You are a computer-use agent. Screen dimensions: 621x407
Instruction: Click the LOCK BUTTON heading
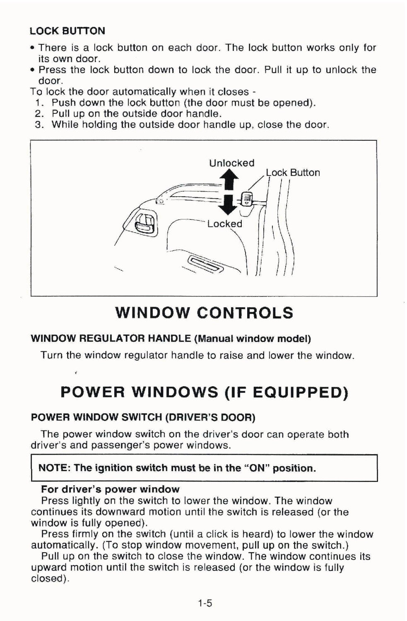coord(67,31)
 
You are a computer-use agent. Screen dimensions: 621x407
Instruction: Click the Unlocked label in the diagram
coord(231,163)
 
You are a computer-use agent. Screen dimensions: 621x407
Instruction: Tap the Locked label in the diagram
coord(224,224)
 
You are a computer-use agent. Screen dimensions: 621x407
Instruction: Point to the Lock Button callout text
coord(293,173)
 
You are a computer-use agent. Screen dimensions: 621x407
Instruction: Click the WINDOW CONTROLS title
coord(204,313)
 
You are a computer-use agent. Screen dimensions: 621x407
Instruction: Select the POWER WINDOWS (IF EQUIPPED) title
coord(204,392)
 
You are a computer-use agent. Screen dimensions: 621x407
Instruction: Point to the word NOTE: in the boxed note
coord(55,468)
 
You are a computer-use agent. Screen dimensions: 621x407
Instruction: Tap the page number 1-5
coord(205,603)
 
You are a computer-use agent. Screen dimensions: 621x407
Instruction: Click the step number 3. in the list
coord(40,125)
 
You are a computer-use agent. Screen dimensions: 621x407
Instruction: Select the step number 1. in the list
coord(40,103)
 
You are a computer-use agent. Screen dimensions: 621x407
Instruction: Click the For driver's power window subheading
coord(110,490)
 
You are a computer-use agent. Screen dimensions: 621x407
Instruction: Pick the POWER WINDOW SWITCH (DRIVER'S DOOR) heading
coord(143,417)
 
